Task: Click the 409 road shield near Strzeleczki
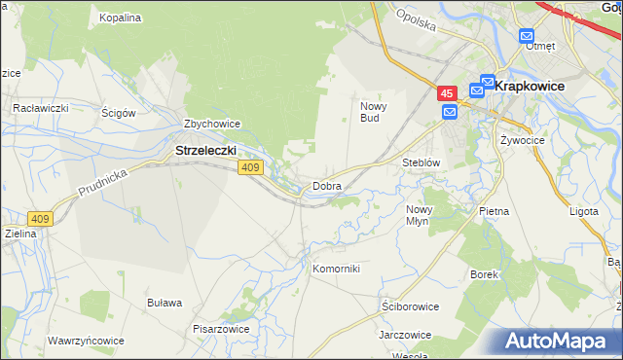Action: (x=249, y=168)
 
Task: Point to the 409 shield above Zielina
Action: (x=40, y=219)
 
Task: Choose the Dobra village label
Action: (x=326, y=185)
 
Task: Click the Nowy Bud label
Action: (x=375, y=112)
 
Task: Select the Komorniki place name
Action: (x=336, y=269)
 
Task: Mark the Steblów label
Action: (x=422, y=162)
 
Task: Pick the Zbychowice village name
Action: (x=212, y=125)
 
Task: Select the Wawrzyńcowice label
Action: (x=86, y=342)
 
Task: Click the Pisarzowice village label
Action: (x=221, y=329)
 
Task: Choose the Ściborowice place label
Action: (x=410, y=306)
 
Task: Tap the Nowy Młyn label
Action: (x=419, y=215)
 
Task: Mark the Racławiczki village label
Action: (x=39, y=107)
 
